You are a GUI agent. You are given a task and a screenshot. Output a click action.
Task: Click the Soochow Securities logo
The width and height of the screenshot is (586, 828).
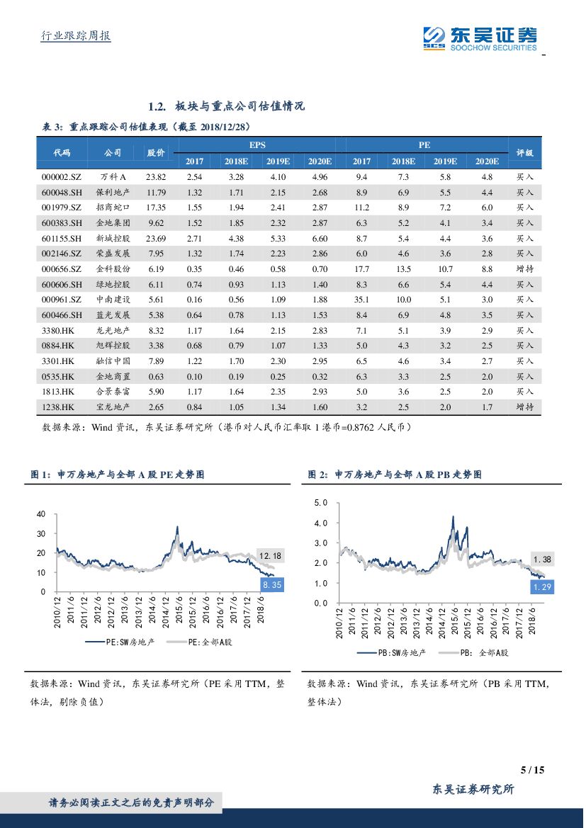click(x=480, y=38)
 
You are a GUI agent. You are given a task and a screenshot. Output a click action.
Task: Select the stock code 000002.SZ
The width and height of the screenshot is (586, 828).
click(x=62, y=177)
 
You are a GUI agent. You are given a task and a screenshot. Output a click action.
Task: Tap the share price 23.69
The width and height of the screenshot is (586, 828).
click(x=156, y=239)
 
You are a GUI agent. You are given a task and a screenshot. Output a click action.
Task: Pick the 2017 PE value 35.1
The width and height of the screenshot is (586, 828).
click(x=361, y=300)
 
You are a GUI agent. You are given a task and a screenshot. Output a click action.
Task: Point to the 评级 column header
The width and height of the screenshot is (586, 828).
click(x=524, y=152)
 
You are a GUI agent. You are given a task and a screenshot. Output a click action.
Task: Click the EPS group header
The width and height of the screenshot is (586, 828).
click(x=257, y=144)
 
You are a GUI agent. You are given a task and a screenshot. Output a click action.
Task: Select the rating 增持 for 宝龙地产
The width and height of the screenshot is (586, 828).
click(x=524, y=407)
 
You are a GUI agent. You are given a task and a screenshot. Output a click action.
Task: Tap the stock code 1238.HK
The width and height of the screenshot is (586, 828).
click(x=58, y=407)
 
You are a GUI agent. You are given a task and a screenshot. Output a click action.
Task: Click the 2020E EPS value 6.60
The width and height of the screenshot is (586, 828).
click(x=320, y=239)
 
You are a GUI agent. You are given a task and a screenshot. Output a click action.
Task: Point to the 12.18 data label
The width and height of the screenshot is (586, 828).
click(x=270, y=556)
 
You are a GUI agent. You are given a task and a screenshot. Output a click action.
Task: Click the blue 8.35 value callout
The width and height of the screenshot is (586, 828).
click(x=272, y=585)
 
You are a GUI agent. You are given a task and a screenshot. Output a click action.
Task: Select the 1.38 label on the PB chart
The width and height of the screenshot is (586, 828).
click(x=541, y=560)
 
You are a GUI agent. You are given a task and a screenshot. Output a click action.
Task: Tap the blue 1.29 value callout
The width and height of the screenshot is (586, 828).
click(x=541, y=587)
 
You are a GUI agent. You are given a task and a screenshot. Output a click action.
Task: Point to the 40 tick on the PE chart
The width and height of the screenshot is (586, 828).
click(x=40, y=514)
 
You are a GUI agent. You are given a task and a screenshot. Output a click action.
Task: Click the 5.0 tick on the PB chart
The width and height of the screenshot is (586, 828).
click(x=320, y=503)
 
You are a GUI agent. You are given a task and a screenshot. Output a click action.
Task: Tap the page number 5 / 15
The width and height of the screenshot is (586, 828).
click(x=531, y=770)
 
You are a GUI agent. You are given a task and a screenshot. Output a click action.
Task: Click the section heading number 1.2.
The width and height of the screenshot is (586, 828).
click(x=157, y=106)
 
